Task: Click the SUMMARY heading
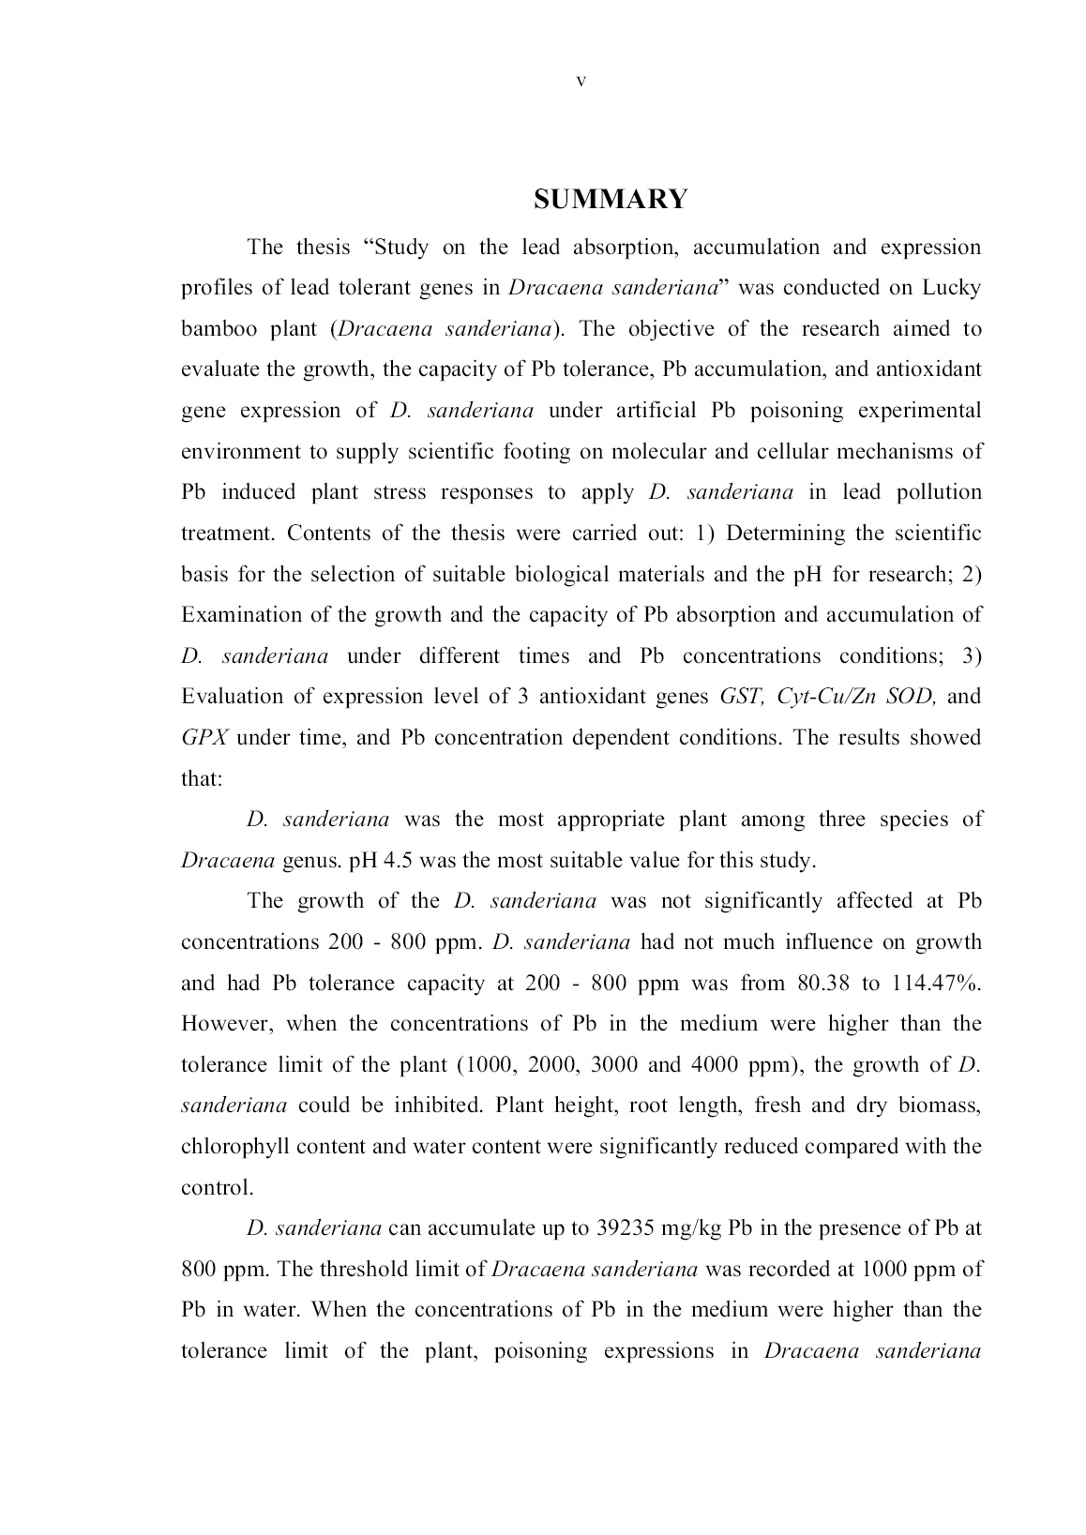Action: pyautogui.click(x=611, y=199)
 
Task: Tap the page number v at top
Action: pyautogui.click(x=581, y=82)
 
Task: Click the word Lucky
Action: pyautogui.click(x=952, y=287)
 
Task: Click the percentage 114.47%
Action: pyautogui.click(x=938, y=983)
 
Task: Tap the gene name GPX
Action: pyautogui.click(x=203, y=737)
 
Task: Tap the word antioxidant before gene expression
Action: pyautogui.click(x=928, y=369)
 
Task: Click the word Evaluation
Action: pyautogui.click(x=232, y=697)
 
